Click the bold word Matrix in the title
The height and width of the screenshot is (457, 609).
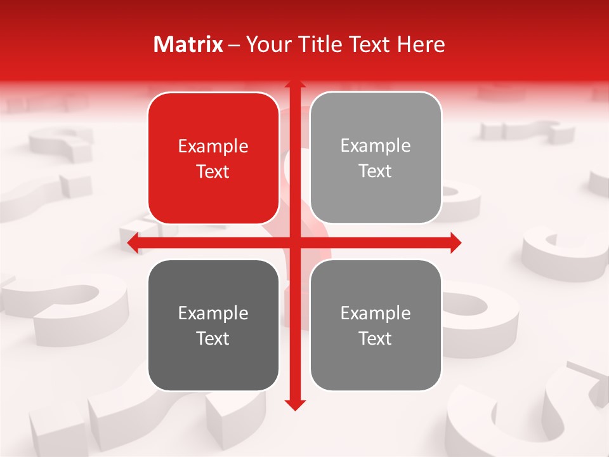pos(188,44)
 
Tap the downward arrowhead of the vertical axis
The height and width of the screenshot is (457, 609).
pos(294,404)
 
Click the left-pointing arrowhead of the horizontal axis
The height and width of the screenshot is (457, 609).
pos(132,243)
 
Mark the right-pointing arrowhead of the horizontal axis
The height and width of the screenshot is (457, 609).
pos(456,243)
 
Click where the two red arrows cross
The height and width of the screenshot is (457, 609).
pos(294,243)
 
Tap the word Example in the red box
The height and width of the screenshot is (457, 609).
pos(213,147)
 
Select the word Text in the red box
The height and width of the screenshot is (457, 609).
pos(213,172)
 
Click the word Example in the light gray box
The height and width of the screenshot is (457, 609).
pos(376,146)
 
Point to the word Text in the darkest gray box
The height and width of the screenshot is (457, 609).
pos(213,339)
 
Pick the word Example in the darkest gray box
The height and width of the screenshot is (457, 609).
pos(213,314)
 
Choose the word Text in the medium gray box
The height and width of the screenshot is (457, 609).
pos(376,339)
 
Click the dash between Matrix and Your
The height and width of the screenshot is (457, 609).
pos(234,45)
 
